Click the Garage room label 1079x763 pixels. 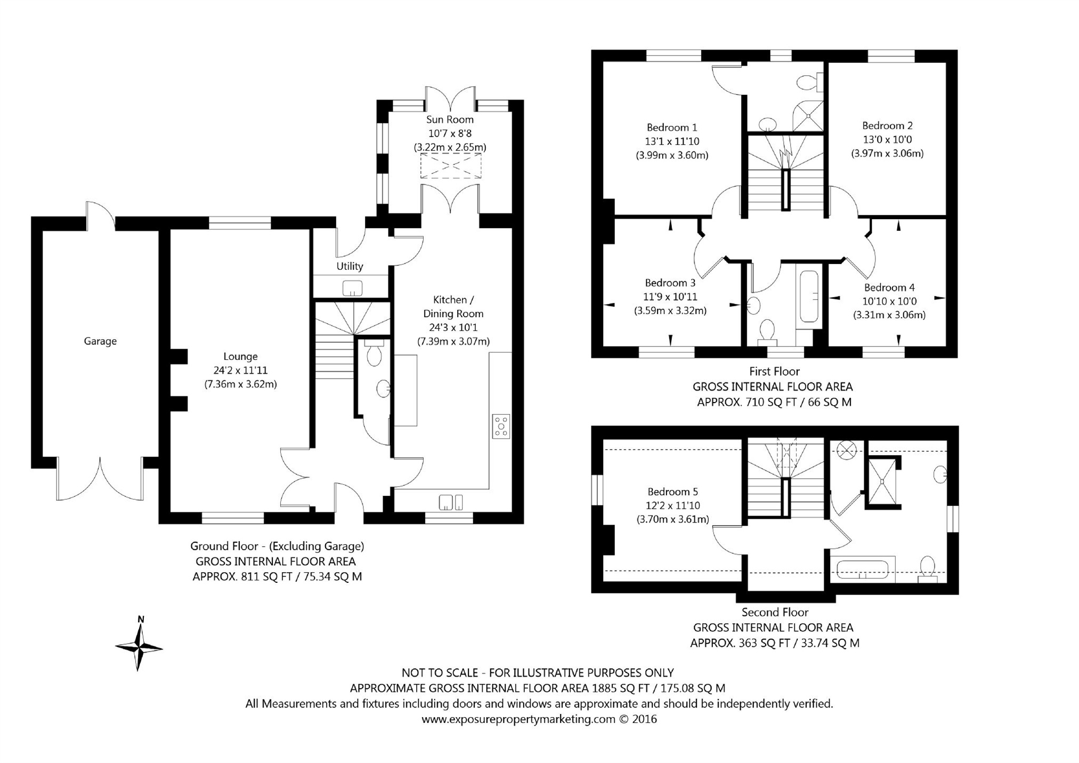100,341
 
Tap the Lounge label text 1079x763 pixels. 240,357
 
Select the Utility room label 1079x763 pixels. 350,266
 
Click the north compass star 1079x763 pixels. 139,647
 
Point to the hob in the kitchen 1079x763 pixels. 501,426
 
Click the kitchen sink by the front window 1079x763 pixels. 451,502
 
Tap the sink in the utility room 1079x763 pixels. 352,288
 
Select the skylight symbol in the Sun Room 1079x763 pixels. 451,166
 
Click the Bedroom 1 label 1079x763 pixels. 671,127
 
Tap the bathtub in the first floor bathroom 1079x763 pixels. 809,296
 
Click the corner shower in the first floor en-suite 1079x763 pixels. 809,115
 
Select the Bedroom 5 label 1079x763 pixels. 672,492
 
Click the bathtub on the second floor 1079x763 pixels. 862,569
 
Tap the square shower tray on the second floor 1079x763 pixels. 882,481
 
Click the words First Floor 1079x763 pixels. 774,372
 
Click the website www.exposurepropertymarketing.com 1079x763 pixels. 518,719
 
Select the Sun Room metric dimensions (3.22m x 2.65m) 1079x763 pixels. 450,147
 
